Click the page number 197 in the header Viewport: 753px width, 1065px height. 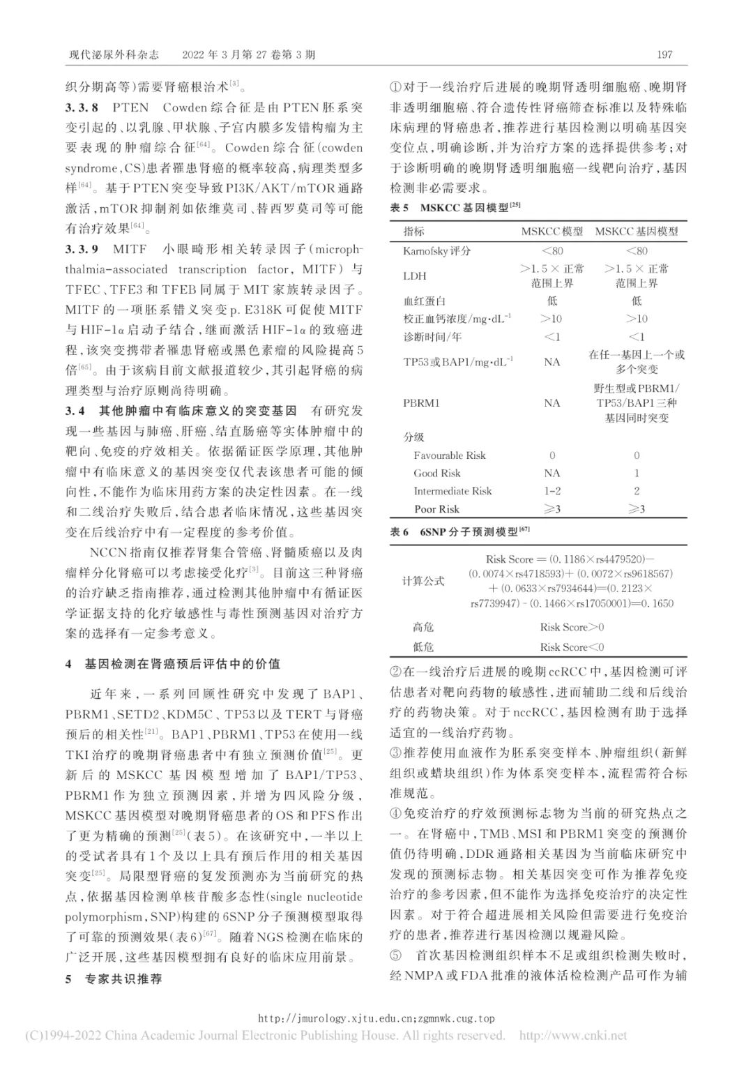point(664,55)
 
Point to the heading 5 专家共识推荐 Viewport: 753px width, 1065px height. point(114,979)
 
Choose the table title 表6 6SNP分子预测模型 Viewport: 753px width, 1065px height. point(459,531)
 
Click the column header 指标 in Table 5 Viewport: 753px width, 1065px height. point(413,232)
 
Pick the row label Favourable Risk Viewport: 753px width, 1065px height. point(449,455)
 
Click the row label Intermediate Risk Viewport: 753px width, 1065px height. point(452,491)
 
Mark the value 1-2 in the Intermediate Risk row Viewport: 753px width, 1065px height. point(552,491)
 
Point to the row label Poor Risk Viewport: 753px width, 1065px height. point(436,509)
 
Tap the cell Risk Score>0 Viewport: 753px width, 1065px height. point(572,627)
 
